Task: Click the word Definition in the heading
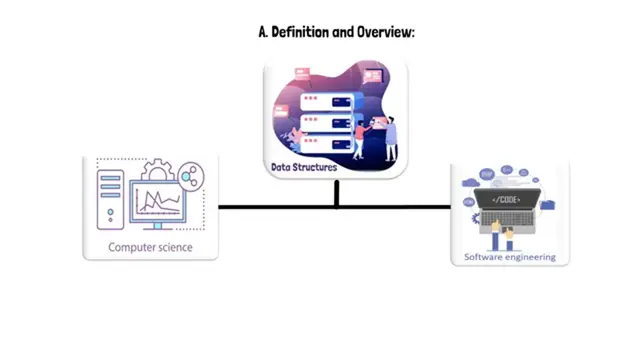tap(304, 33)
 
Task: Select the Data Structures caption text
tap(304, 167)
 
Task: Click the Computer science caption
tap(150, 247)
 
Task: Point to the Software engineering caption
tap(510, 257)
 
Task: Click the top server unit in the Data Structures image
tap(330, 99)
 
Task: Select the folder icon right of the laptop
tap(547, 204)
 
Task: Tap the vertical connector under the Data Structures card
tap(337, 193)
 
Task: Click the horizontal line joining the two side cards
tap(280, 207)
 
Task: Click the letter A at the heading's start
tap(263, 33)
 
